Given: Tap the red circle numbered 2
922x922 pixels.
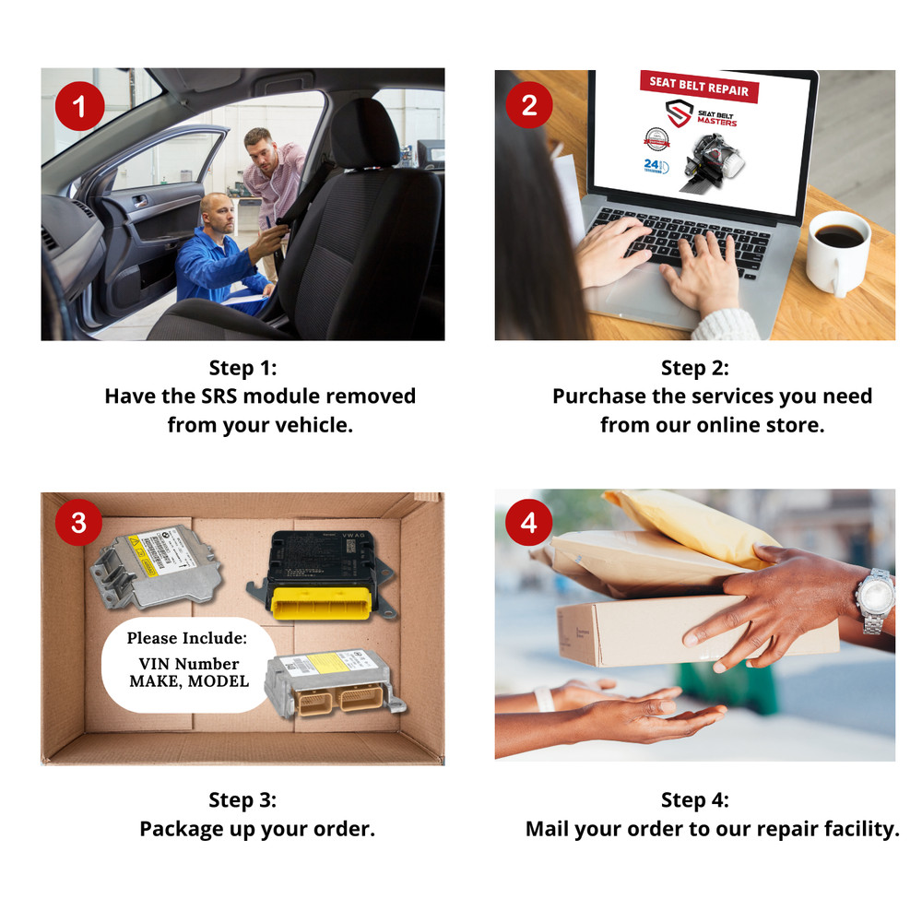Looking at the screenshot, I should [x=528, y=104].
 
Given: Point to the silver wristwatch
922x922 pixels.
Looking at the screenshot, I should [x=875, y=600].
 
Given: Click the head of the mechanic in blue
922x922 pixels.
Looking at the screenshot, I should [x=216, y=211].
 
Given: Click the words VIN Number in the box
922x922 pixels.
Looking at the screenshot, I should [x=188, y=664].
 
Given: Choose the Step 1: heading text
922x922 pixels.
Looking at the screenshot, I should [x=242, y=368].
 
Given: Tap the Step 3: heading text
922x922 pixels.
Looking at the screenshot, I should [x=242, y=799].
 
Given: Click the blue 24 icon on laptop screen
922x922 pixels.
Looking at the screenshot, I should [x=653, y=164].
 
